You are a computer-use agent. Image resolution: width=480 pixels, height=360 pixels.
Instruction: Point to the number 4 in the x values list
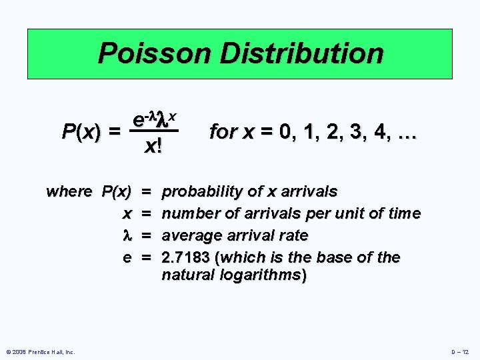(x=382, y=132)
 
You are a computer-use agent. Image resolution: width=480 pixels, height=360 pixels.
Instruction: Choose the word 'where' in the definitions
(x=69, y=192)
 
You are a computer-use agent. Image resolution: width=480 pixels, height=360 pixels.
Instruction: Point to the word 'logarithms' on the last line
(x=265, y=275)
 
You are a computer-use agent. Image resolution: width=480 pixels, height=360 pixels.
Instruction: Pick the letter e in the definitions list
(x=127, y=257)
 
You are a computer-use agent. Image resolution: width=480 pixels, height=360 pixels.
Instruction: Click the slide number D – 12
(x=460, y=352)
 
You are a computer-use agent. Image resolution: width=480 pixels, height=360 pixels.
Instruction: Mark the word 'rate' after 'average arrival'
(x=293, y=235)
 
